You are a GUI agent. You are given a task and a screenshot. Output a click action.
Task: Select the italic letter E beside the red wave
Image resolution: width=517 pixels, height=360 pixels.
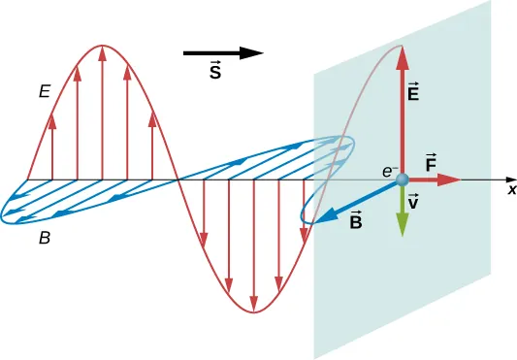click(44, 93)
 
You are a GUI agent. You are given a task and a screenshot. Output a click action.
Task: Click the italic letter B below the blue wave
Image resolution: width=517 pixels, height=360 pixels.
click(45, 237)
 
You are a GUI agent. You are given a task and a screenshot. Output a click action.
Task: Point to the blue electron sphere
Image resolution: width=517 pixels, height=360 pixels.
click(402, 180)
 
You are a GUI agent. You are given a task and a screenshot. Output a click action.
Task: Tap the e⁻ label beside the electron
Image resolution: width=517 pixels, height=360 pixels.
click(388, 170)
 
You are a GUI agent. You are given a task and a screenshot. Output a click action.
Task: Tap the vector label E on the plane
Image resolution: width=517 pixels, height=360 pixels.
click(414, 93)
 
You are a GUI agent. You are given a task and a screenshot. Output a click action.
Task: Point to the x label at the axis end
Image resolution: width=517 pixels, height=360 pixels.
click(510, 191)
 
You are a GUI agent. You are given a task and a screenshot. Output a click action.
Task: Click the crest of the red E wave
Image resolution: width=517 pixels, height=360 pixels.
click(103, 46)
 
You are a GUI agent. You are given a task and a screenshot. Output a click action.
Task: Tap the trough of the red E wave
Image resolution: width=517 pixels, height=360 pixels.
click(254, 312)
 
